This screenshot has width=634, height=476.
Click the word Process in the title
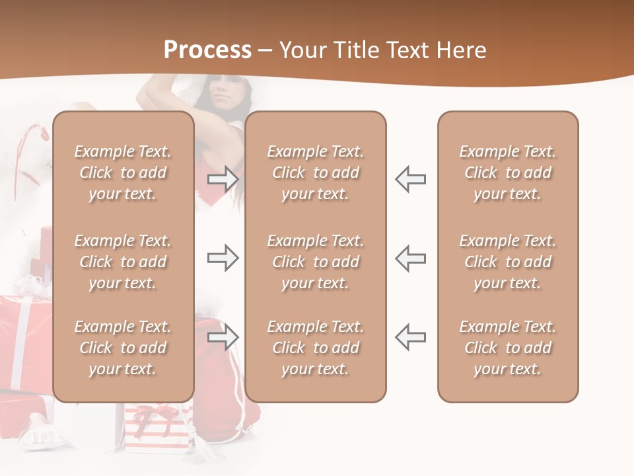point(207,50)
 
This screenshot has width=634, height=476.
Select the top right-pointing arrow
point(223,178)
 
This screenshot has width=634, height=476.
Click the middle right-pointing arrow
point(223,258)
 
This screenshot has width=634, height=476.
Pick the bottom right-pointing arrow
point(223,338)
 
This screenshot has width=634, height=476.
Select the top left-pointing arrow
point(411,178)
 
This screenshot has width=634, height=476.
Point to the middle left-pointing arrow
point(411,258)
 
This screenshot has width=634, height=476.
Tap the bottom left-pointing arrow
point(411,338)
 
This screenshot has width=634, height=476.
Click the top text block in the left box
point(123,173)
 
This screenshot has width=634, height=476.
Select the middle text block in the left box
point(123,262)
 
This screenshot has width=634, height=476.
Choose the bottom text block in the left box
point(123,348)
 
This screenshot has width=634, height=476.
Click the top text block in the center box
point(315,173)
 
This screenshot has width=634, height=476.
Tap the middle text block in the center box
point(315,262)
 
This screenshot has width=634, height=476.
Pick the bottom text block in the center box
point(315,348)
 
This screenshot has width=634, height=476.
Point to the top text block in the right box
point(507,173)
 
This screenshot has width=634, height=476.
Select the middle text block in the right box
point(507,262)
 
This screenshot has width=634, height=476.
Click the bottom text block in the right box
point(507,348)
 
